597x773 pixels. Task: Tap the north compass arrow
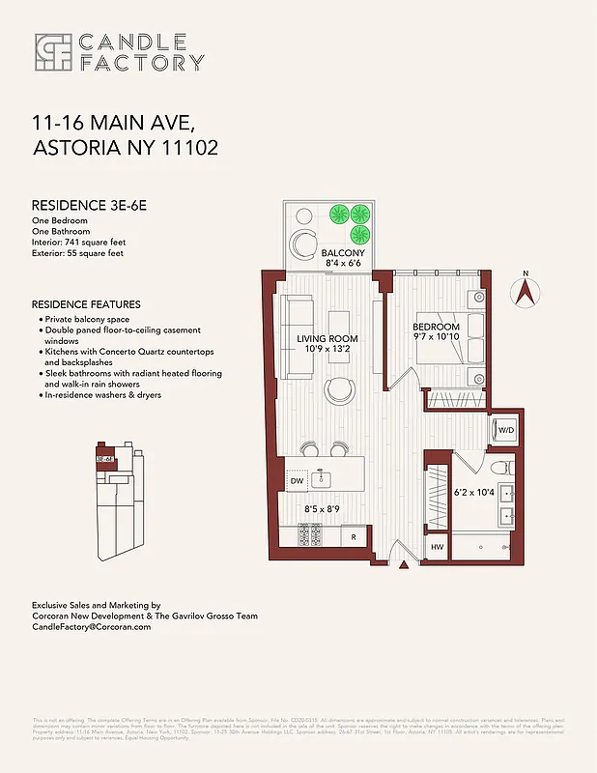point(526,293)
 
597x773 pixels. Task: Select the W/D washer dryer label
point(505,429)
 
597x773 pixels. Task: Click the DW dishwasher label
point(297,480)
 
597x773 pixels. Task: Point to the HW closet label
point(437,548)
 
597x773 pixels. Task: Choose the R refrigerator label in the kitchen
point(354,535)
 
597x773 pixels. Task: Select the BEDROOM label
point(436,328)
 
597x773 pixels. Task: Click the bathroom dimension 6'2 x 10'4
point(474,493)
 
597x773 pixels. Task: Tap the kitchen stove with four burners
point(308,533)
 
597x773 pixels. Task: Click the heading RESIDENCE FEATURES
point(86,304)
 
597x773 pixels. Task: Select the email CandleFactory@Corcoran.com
point(92,627)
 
